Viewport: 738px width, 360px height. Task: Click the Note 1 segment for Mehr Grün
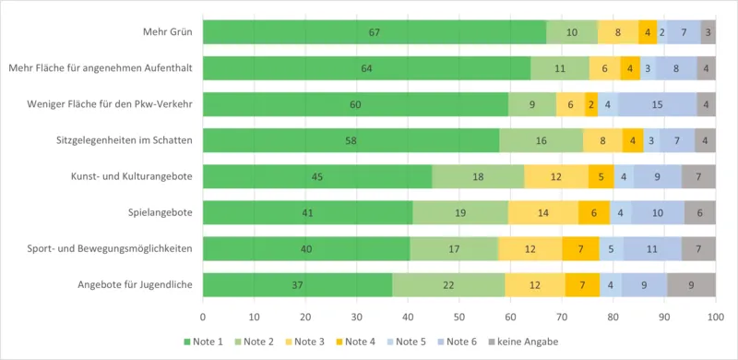[375, 32]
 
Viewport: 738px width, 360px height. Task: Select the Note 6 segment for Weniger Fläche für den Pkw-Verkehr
[658, 104]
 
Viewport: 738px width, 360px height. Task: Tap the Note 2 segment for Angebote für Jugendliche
[448, 284]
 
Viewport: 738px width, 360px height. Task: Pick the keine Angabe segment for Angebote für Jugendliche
[691, 284]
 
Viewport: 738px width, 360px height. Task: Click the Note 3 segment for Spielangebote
[543, 212]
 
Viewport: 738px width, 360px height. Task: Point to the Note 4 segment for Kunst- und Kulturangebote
[601, 176]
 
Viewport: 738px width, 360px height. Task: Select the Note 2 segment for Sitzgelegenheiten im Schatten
[542, 140]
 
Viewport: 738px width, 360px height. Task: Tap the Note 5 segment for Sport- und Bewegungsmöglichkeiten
[612, 249]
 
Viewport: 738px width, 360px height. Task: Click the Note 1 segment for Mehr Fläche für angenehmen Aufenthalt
[366, 68]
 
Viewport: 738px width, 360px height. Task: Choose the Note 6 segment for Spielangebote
[658, 212]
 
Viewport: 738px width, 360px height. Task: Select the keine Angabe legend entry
[522, 342]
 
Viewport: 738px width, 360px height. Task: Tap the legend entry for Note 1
[204, 342]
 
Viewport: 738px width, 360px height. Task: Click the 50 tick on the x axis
[458, 318]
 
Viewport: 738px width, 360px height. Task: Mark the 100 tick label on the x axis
[716, 318]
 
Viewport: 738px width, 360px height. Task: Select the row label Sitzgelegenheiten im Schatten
[125, 140]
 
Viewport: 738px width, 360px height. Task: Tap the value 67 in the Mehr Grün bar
[375, 32]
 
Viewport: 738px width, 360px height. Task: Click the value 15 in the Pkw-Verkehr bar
[658, 104]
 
